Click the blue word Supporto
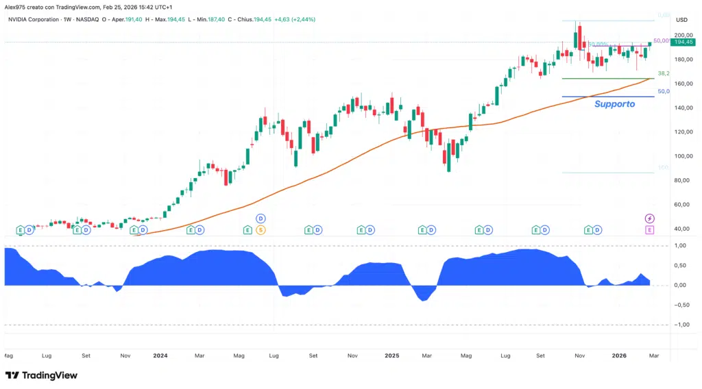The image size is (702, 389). coord(614,104)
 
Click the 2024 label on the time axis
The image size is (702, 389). coord(160,356)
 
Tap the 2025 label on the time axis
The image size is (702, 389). coord(391,356)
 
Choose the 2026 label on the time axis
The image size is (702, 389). coord(619,356)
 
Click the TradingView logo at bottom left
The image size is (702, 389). coord(41,375)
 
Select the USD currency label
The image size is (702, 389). coord(681,20)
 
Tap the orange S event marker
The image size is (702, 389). coord(261,230)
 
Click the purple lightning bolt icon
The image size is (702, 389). coord(649,218)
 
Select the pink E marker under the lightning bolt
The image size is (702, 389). coord(649,230)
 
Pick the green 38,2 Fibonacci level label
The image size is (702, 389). coord(663,73)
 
